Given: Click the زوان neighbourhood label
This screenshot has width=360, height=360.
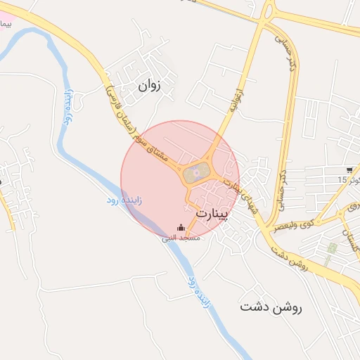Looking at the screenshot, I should tap(150, 87).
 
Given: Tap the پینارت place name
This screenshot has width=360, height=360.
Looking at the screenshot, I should tap(212, 212).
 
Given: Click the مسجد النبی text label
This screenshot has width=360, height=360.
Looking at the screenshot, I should tap(181, 238).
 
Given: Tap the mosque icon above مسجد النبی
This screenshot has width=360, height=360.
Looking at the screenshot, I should tap(181, 228).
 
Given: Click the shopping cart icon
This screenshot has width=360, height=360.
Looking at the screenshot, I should tap(349, 170).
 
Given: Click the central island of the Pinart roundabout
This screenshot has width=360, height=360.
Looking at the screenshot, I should tap(196, 171).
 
